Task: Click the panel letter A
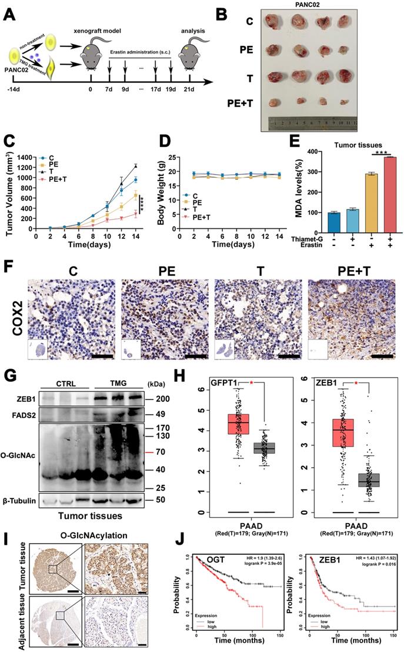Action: coord(10,12)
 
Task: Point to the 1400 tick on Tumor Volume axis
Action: coord(25,158)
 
